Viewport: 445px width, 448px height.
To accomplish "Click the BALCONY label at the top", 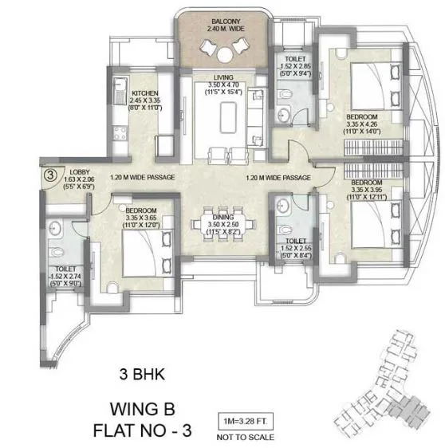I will pos(221,21).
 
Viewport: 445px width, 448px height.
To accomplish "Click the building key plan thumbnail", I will pos(384,382).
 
